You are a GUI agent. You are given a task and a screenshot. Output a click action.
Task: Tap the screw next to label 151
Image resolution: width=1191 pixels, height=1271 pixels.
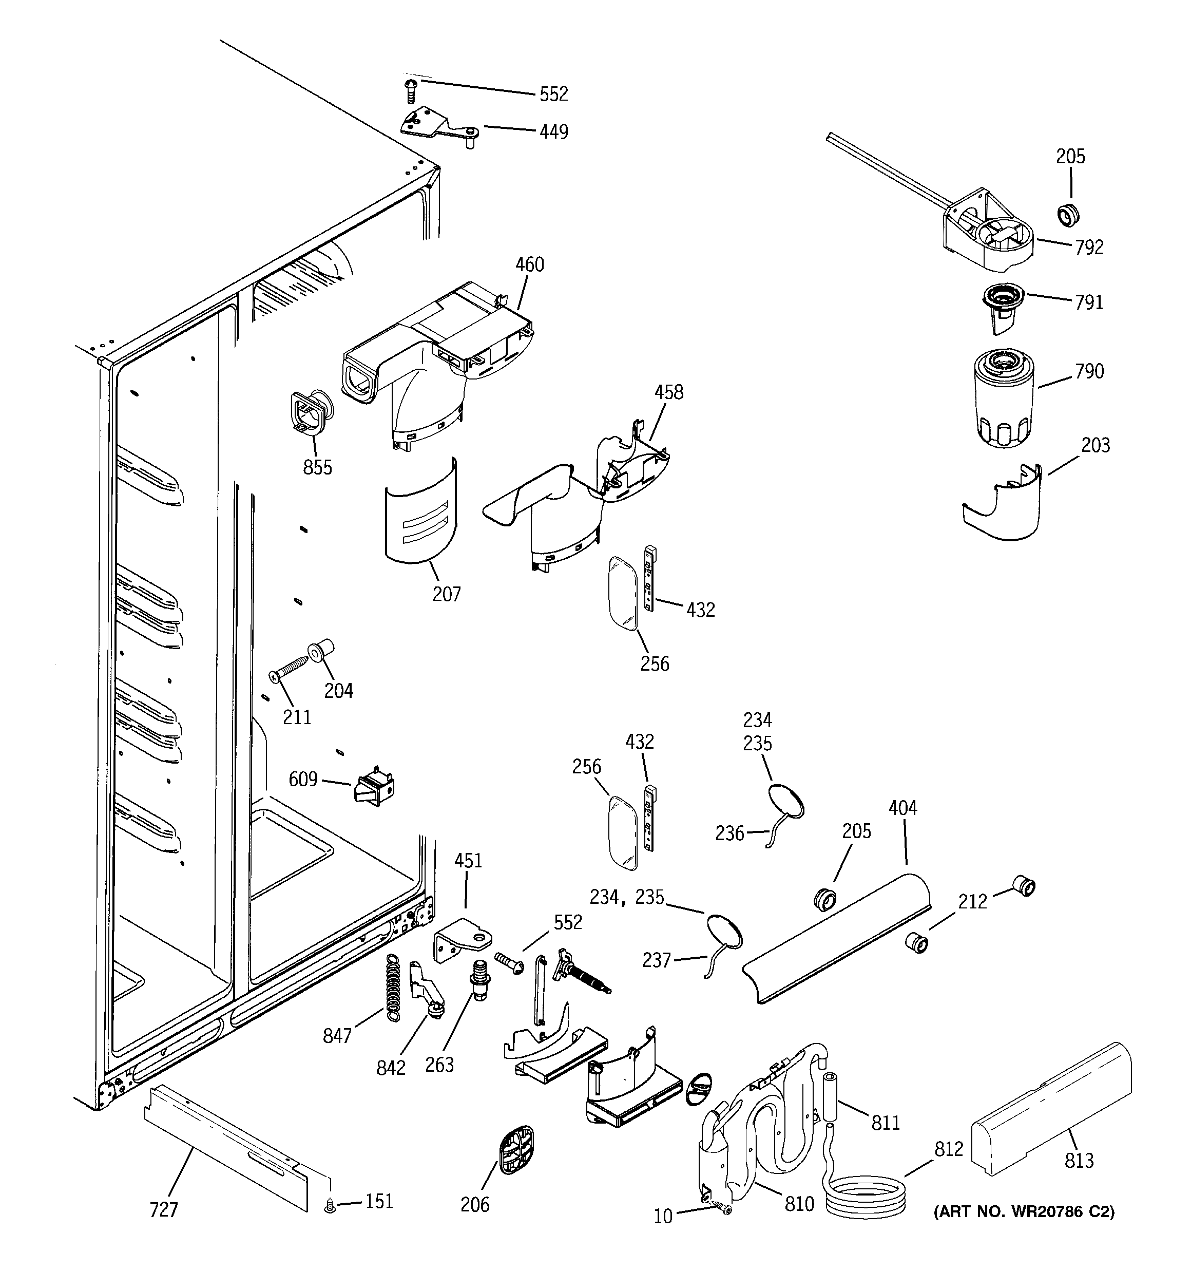pos(330,1205)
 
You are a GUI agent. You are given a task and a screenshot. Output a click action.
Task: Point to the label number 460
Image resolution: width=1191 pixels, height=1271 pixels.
pos(529,264)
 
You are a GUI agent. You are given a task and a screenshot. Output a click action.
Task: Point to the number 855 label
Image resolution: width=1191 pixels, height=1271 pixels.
pos(318,467)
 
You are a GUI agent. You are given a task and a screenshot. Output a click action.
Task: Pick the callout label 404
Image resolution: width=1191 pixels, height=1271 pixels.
pos(902,808)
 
